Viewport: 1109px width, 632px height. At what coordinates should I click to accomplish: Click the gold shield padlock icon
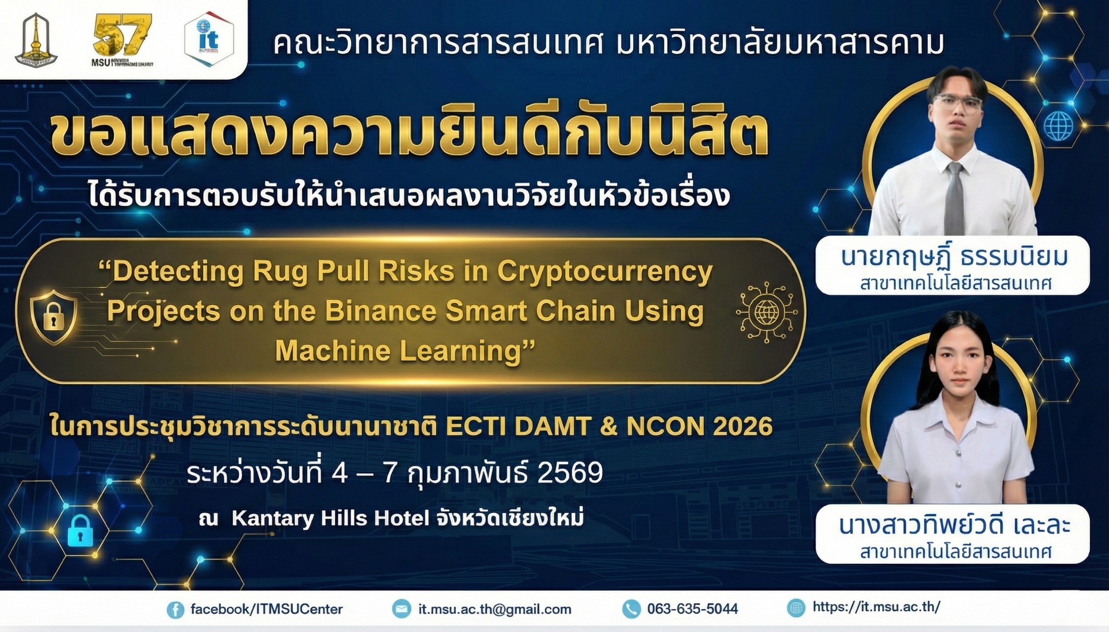tap(53, 317)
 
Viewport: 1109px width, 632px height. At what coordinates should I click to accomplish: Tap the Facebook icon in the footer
tap(175, 610)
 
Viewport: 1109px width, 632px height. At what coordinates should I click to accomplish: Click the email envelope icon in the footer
tap(402, 609)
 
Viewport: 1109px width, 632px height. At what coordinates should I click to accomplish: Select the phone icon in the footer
tap(631, 609)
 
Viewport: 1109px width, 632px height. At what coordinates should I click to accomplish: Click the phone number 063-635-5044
tap(693, 609)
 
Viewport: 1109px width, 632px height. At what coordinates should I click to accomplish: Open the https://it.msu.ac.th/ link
tap(876, 607)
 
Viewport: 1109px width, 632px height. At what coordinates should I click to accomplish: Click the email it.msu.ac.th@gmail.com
tap(495, 609)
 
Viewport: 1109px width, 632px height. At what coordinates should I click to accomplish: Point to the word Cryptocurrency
tap(605, 271)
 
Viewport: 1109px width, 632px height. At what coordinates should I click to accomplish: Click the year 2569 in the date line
tap(570, 473)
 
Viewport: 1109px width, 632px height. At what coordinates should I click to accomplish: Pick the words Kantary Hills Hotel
tap(330, 518)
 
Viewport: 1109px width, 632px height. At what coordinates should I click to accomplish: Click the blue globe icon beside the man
tap(1058, 127)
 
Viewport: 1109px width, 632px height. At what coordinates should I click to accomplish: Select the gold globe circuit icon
tap(767, 312)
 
